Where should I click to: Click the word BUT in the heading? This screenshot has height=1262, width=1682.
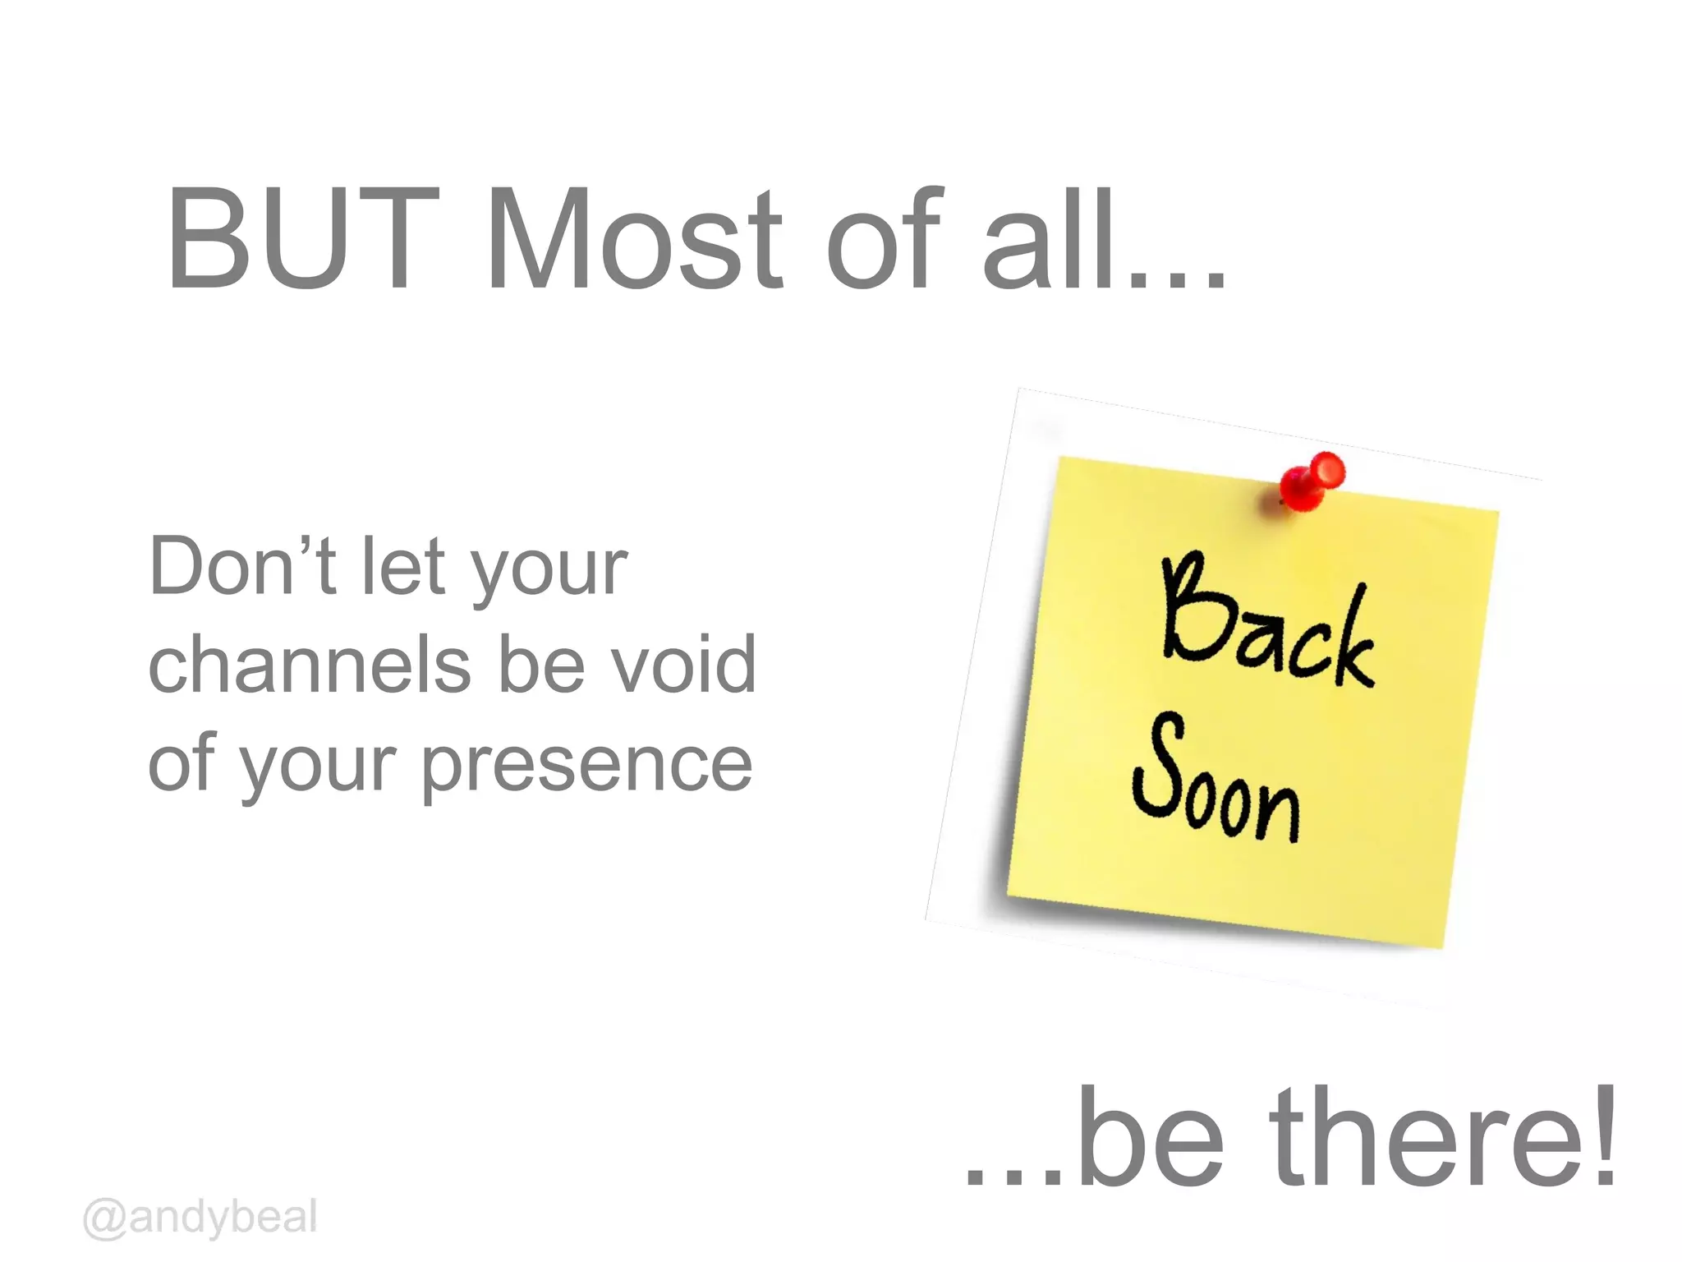point(301,239)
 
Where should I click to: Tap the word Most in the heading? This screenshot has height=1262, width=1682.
point(634,239)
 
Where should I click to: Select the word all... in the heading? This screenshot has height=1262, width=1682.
point(1105,239)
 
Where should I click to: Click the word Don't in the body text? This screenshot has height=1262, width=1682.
point(242,566)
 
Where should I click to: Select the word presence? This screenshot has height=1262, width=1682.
point(587,764)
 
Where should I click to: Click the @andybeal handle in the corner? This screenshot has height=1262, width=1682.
point(200,1217)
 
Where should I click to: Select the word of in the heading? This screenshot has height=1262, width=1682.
point(883,239)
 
